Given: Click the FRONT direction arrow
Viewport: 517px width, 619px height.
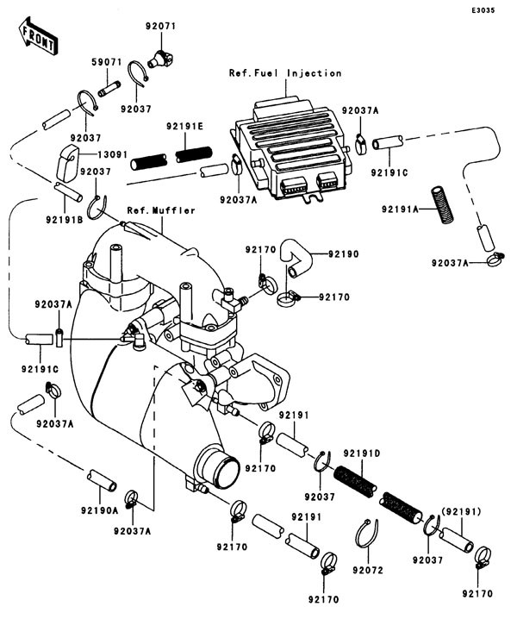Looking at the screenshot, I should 36,37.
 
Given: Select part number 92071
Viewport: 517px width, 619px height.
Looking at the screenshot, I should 160,27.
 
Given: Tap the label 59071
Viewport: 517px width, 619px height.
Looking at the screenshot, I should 107,64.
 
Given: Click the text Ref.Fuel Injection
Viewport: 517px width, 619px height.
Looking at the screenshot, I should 284,73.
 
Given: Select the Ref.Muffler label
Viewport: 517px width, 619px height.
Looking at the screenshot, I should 161,210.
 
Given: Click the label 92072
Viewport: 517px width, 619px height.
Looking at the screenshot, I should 372,570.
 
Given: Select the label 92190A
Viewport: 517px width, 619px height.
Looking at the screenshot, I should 100,510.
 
